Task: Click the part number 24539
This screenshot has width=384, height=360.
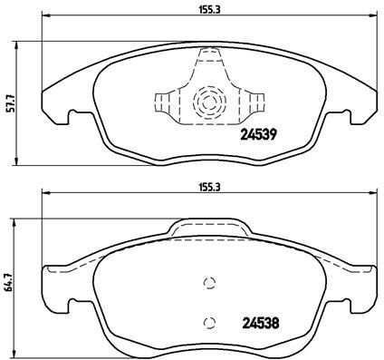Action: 257,137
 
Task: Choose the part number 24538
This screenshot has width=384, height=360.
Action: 257,320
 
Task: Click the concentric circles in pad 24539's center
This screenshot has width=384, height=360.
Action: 208,101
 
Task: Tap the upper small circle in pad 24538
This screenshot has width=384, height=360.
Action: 208,280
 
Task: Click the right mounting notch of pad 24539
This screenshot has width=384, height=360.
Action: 348,116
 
